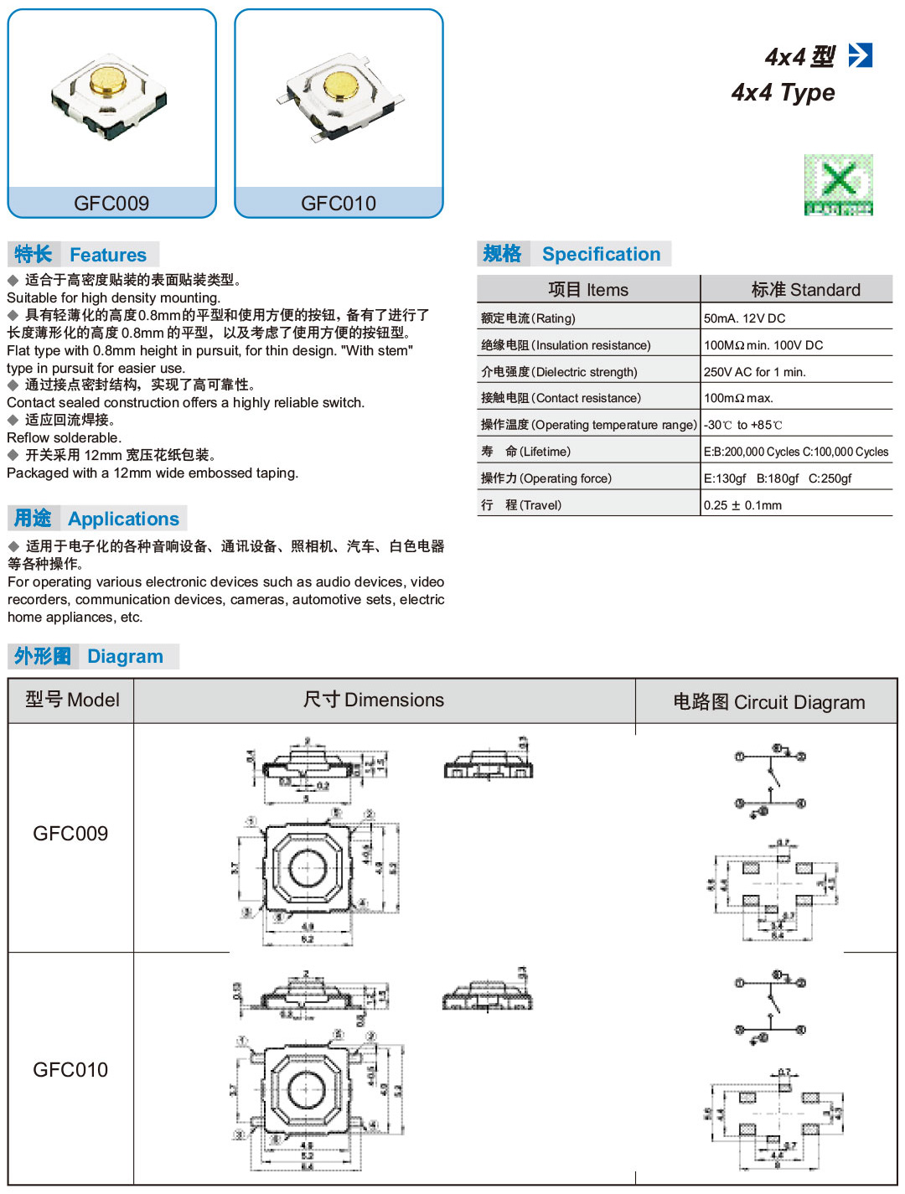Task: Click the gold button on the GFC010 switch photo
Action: [341, 84]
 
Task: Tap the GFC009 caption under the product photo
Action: [111, 204]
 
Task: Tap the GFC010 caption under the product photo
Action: [339, 204]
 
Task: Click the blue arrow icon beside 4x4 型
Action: [861, 55]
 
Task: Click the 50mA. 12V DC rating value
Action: [744, 318]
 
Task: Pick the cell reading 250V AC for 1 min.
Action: [754, 372]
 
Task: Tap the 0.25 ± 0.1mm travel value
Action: [742, 505]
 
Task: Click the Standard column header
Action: [805, 290]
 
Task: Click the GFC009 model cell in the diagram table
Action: [70, 834]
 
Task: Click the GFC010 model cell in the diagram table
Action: [70, 1070]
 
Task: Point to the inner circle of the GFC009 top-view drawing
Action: [306, 866]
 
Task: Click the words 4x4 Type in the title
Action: [783, 92]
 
